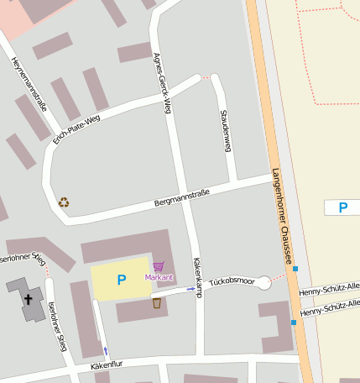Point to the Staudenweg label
point(224,131)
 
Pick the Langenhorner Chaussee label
point(282,216)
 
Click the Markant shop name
point(159,276)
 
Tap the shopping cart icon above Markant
point(158,266)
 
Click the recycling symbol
point(64,202)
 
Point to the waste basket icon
point(157,302)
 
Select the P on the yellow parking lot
point(122,280)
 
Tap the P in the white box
point(342,207)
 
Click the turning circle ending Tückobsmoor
point(263,283)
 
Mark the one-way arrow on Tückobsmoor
point(190,289)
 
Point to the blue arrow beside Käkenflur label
point(105,349)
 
